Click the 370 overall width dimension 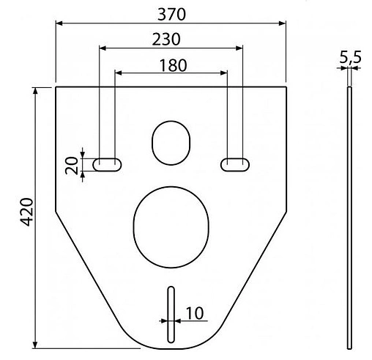click(171, 14)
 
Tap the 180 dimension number click(171, 65)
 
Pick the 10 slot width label click(194, 313)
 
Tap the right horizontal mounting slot click(234, 163)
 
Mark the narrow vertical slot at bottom click(171, 314)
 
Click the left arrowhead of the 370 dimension click(59, 23)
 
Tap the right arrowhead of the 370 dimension click(283, 23)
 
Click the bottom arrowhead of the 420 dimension click(35, 345)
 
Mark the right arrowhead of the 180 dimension click(224, 73)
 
